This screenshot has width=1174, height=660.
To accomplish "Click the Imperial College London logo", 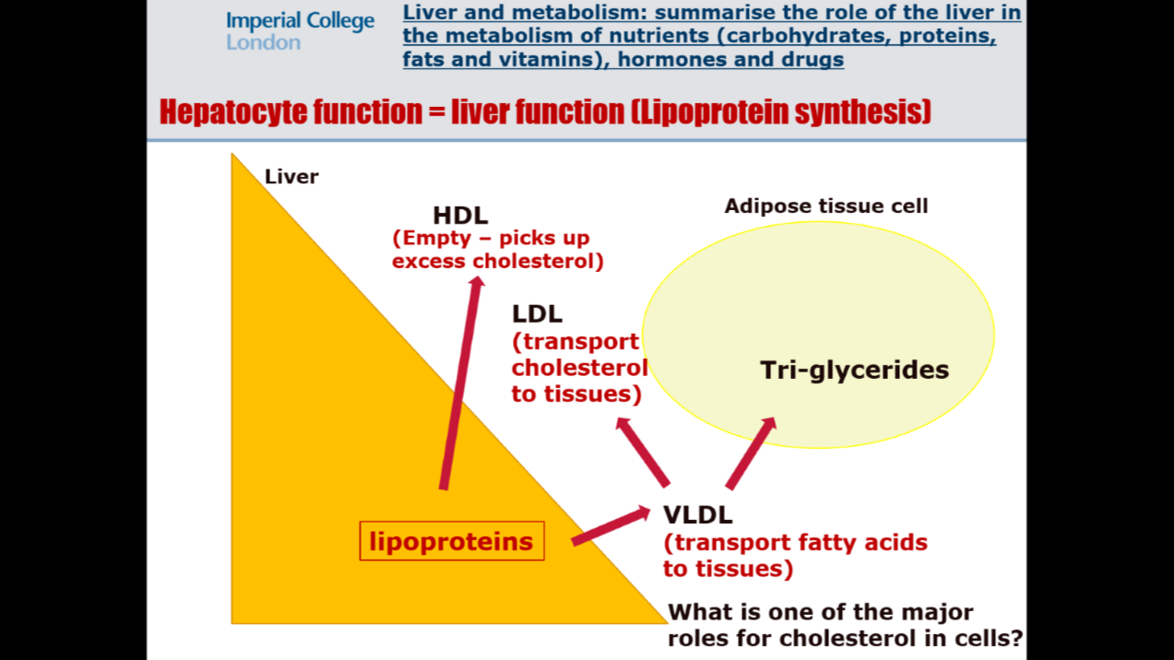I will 300,31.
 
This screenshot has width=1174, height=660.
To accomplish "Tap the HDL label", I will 460,216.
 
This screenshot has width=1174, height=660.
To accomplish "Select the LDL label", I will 537,313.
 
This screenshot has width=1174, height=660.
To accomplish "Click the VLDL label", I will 697,514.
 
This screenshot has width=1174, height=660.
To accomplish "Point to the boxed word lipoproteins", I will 451,541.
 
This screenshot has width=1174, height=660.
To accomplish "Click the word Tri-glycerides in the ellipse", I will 854,370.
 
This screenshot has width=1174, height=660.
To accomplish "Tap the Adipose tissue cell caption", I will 825,206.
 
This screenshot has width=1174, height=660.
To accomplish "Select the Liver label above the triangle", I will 291,176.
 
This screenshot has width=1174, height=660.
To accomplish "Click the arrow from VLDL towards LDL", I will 643,452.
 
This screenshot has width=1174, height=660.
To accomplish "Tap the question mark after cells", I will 1016,638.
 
